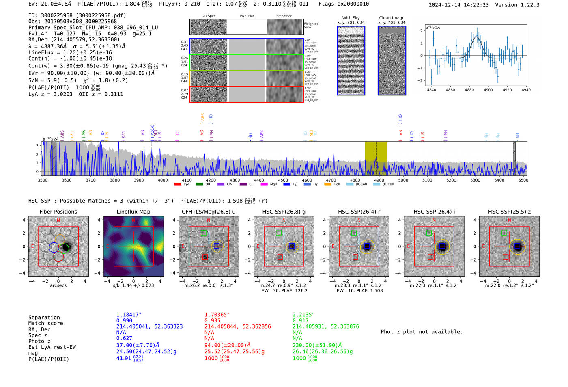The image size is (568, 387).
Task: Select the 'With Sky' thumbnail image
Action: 351,61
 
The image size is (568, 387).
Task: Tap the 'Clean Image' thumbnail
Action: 392,61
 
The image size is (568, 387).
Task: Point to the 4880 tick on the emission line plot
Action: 469,90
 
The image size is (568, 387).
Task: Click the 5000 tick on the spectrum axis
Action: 403,180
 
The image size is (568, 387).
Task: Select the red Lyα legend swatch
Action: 177,184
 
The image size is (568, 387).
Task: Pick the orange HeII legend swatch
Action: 328,184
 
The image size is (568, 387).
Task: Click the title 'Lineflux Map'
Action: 133,212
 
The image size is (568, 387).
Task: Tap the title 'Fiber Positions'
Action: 58,212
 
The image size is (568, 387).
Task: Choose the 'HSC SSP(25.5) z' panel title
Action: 509,212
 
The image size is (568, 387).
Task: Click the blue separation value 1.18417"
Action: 129,315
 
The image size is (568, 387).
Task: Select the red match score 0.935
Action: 213,320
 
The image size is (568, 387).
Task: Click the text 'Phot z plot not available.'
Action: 422,332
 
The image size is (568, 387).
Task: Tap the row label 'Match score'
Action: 45,323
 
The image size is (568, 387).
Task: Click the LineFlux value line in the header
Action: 70,52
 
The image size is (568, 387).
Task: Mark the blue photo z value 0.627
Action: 124,338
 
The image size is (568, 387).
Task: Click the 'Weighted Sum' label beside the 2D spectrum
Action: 311,25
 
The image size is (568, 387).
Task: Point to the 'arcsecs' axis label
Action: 58,285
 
